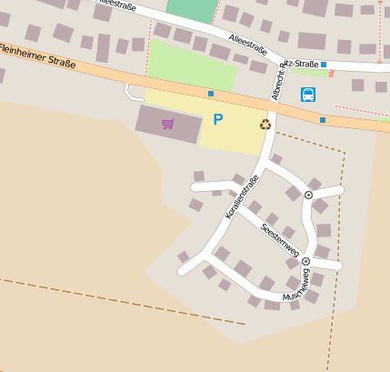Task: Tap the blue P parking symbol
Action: click(217, 119)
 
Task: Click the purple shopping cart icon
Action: click(167, 124)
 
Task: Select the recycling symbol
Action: click(265, 125)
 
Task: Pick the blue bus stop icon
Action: click(308, 94)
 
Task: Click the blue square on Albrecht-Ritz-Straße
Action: click(323, 65)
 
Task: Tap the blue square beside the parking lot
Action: click(211, 94)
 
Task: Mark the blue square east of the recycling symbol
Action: click(323, 119)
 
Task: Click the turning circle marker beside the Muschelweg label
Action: click(305, 261)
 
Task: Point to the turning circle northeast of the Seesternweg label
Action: click(308, 195)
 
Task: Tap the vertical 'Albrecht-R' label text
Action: click(276, 83)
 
